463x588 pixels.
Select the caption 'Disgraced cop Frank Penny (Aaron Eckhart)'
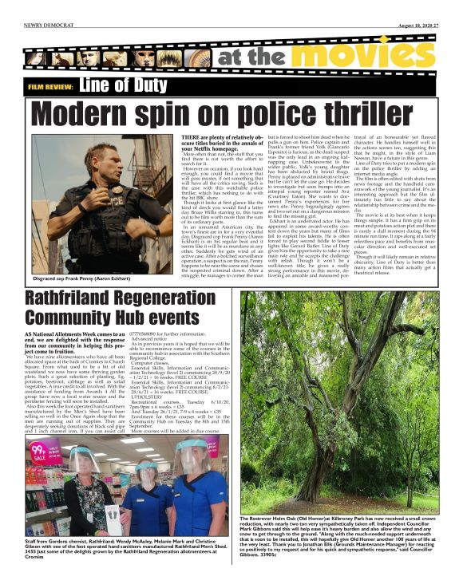pos(76,279)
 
